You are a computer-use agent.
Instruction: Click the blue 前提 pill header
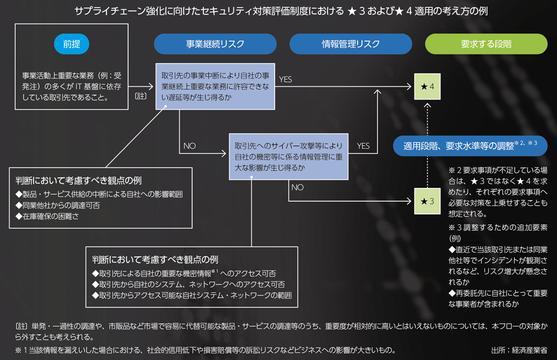tap(72, 44)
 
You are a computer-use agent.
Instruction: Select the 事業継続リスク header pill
tap(215, 44)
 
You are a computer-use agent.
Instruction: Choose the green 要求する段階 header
tap(486, 44)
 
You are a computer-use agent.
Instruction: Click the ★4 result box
tap(428, 87)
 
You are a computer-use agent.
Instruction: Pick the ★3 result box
tap(428, 201)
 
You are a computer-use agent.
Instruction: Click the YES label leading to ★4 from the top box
tap(285, 80)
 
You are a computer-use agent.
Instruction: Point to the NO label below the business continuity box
tap(189, 146)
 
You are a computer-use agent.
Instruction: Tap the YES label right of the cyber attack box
tap(363, 146)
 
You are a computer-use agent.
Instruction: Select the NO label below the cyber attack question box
tap(297, 188)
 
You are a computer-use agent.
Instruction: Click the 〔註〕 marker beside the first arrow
tap(141, 96)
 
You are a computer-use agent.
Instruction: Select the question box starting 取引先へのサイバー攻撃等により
tap(289, 156)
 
